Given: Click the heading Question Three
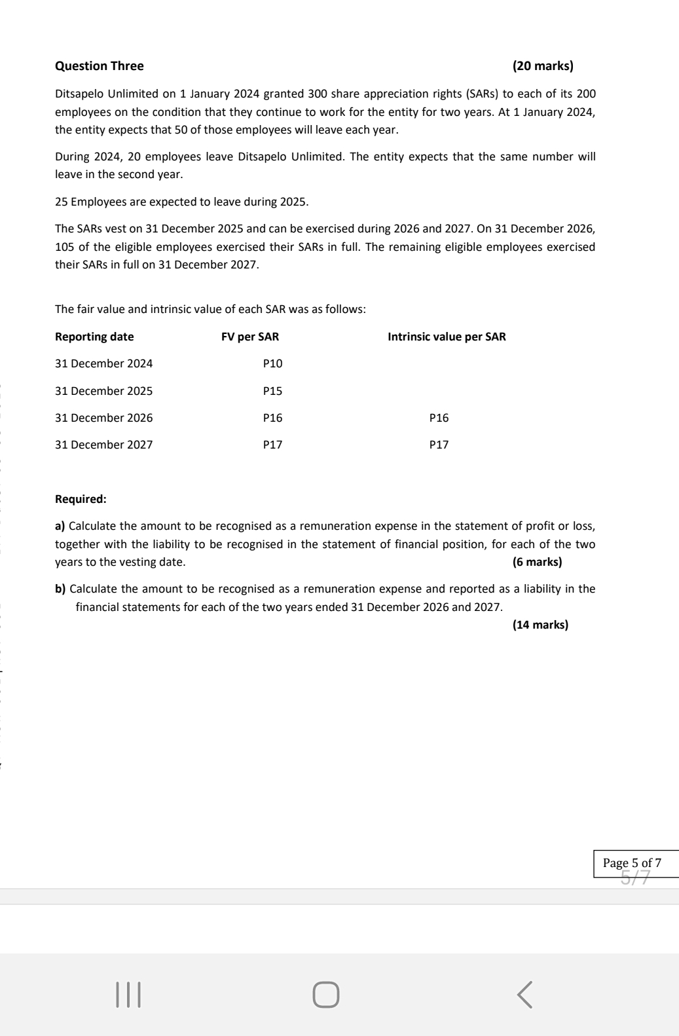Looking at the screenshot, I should [x=100, y=66].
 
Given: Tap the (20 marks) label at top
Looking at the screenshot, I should [x=543, y=66].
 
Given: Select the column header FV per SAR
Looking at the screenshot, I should [x=250, y=337].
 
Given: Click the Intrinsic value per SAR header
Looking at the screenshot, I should [x=447, y=337].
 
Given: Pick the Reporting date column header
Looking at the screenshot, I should [x=94, y=337].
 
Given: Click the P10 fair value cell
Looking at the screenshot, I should [x=272, y=363].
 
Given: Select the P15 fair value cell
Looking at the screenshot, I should [x=272, y=391].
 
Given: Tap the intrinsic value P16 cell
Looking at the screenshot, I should [x=439, y=418].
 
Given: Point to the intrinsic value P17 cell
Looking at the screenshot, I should [x=439, y=445].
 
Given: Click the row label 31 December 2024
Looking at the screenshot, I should [x=103, y=363].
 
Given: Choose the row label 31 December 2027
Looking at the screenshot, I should [x=103, y=445].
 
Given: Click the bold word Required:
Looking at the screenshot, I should [x=81, y=499].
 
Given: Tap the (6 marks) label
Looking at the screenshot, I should [x=537, y=562].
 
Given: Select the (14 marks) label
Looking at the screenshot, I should [x=540, y=625].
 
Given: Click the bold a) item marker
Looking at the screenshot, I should [x=60, y=526].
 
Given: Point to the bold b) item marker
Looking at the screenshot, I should [x=60, y=589].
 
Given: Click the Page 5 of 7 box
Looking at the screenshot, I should [x=632, y=863].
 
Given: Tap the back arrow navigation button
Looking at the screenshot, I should [x=525, y=994].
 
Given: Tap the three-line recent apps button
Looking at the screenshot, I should [x=128, y=994].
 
